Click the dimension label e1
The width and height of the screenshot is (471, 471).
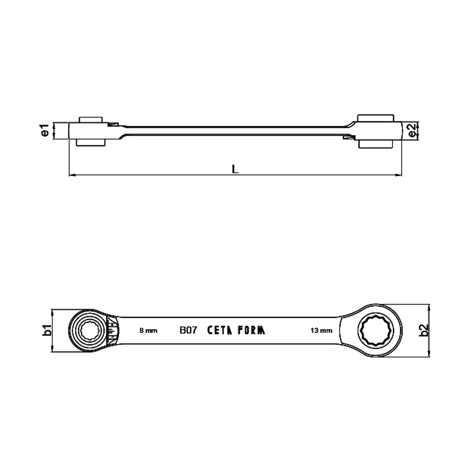[x=45, y=130]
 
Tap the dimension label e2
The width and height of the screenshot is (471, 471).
[x=412, y=130]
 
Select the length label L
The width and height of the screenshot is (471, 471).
[x=235, y=169]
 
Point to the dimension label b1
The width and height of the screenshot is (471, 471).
[x=47, y=330]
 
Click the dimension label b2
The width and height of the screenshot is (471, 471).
[x=423, y=330]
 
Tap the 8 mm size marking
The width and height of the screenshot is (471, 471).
[x=149, y=331]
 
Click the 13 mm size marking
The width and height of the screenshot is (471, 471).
[x=321, y=331]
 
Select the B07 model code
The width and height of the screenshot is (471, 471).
[x=188, y=330]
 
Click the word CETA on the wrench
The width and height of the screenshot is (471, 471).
[x=220, y=330]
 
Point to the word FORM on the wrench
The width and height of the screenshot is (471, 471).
[x=251, y=330]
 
